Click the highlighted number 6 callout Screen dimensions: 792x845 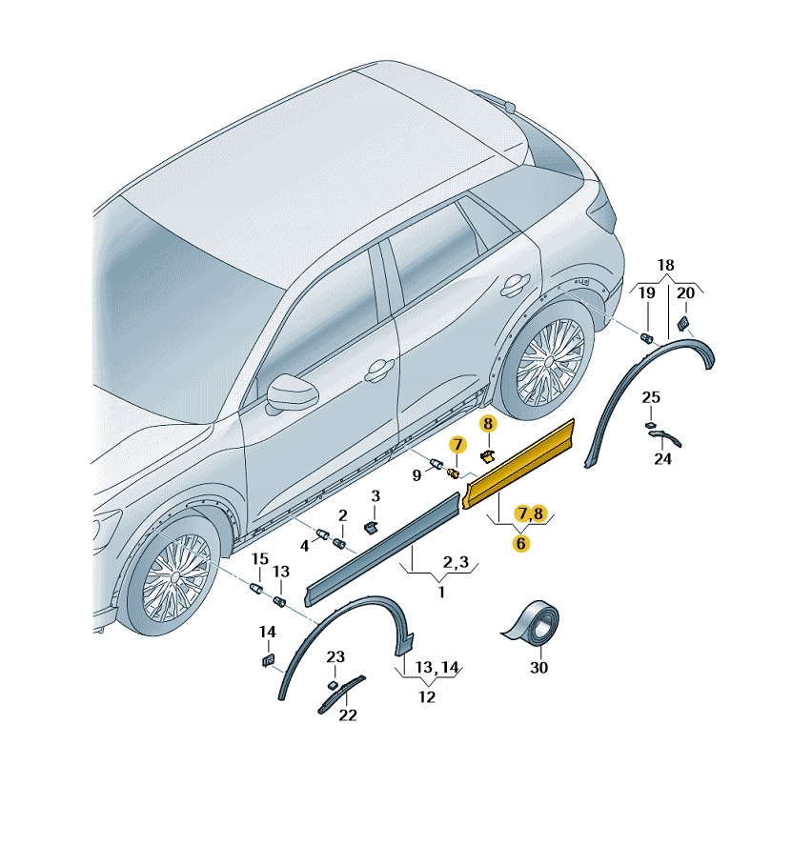(520, 543)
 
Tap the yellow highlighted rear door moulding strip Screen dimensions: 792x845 (518, 463)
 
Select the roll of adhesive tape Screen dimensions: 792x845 (533, 623)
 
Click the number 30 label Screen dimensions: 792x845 (538, 668)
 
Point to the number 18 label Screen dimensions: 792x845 (665, 265)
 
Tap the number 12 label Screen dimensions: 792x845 (426, 697)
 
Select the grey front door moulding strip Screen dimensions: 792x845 (382, 549)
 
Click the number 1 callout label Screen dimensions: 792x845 (441, 593)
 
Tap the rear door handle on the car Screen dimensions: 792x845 (516, 285)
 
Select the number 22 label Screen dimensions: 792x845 (348, 715)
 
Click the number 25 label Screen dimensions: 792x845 (651, 397)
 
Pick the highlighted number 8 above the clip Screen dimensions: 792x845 (488, 424)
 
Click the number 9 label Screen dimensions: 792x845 (416, 475)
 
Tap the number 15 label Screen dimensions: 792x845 (260, 559)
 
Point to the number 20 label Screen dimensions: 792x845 (685, 293)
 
